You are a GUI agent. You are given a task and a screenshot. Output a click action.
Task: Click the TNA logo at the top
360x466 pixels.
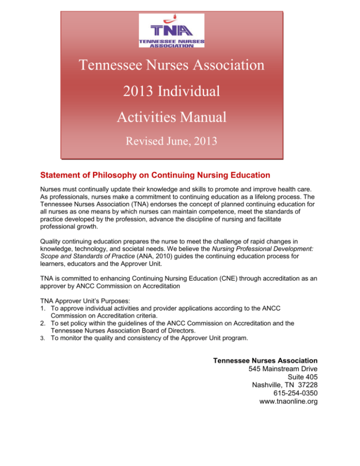pyautogui.click(x=172, y=30)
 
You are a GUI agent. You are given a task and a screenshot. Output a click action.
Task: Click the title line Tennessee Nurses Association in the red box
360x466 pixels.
pyautogui.click(x=172, y=65)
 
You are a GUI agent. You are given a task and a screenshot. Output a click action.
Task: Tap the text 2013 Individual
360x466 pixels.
pyautogui.click(x=172, y=90)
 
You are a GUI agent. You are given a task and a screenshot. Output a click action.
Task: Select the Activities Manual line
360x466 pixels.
pyautogui.click(x=172, y=116)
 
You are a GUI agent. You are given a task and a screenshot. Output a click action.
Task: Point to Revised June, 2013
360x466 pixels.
pyautogui.click(x=172, y=140)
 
